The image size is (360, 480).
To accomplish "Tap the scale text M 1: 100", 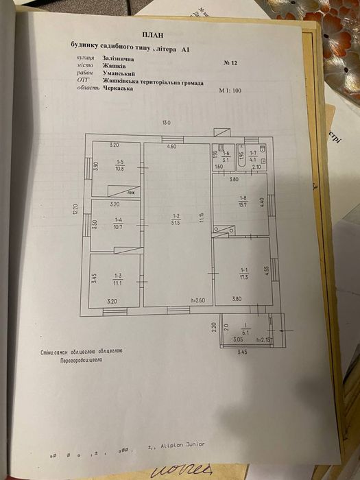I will (x=233, y=91).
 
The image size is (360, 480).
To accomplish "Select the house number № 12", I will (x=230, y=62).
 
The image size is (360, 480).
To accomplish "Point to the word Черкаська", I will (x=118, y=88).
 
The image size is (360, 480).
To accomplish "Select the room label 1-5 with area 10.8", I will (x=119, y=165).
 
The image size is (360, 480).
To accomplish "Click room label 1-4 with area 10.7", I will (x=118, y=224).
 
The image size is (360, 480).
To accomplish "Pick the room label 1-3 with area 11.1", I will (x=118, y=278).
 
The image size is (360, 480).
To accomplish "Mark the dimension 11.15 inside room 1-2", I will (x=201, y=218).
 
